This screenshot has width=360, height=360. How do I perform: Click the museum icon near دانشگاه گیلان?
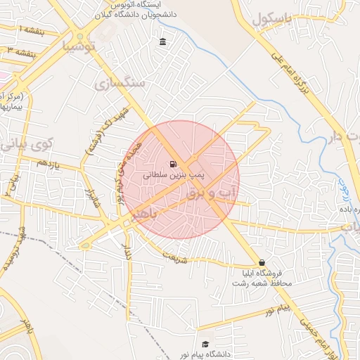tap(163, 43)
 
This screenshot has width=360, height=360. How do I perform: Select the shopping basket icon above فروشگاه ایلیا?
tap(262, 262)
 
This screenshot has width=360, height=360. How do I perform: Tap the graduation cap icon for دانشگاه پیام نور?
tap(205, 344)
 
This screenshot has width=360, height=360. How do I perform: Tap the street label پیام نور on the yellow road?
tap(274, 309)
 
